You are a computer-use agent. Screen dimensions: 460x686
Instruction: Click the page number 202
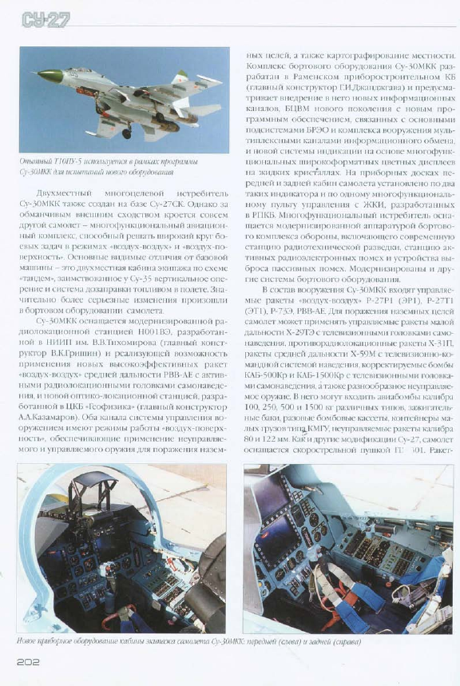(x=30, y=661)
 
